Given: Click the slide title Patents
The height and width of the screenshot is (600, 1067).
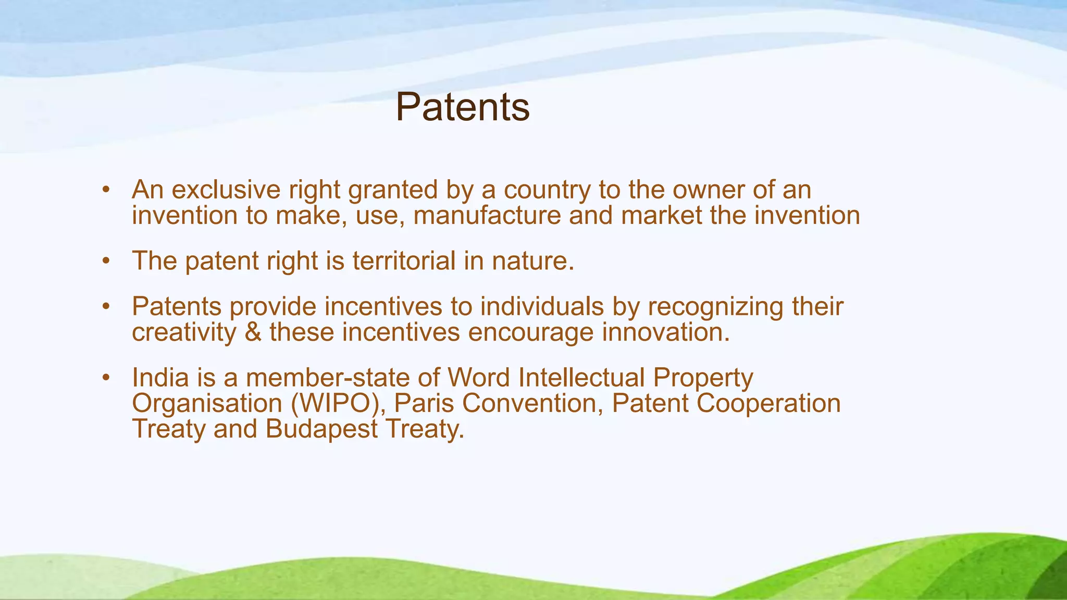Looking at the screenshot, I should point(462,107).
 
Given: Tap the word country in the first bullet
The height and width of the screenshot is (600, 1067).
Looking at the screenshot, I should point(547,190).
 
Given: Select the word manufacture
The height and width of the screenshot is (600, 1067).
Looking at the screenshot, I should point(487,215).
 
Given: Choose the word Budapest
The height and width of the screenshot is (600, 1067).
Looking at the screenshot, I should point(321,429).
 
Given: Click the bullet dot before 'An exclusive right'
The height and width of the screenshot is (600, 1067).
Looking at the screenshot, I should point(106,191).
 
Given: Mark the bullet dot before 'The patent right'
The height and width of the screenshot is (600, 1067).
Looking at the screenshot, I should point(106,261).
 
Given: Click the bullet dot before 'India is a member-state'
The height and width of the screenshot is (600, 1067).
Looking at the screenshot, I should point(106,378).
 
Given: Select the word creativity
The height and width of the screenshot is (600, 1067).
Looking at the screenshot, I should point(184,332).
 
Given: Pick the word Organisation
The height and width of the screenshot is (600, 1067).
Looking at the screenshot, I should point(207,403).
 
